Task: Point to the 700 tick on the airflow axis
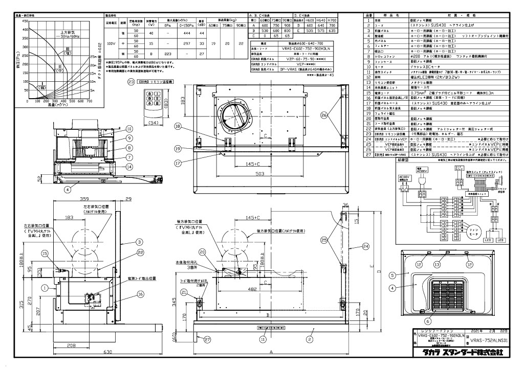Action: pos(90,102)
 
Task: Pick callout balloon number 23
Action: pos(131,81)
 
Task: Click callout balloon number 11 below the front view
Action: pos(263,339)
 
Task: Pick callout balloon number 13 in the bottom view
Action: pos(436,264)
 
